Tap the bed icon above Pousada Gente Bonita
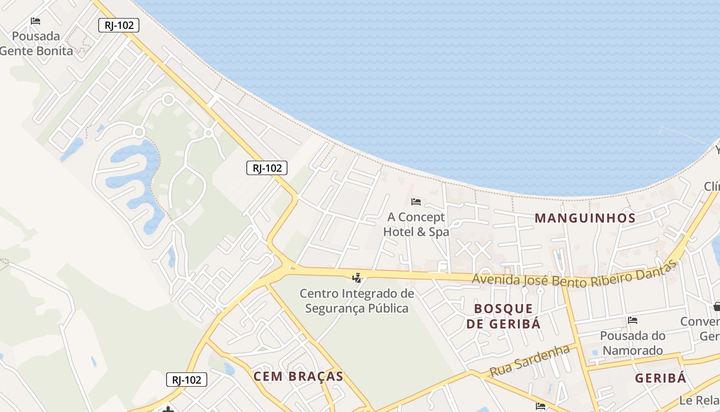click(35, 21)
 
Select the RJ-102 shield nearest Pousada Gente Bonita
click(119, 25)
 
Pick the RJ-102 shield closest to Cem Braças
click(187, 380)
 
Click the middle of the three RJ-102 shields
click(266, 167)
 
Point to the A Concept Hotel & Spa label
click(416, 225)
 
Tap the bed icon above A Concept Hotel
click(416, 201)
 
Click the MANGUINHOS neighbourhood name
click(585, 218)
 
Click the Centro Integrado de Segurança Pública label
click(357, 301)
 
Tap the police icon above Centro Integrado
click(356, 278)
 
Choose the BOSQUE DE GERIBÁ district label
click(503, 316)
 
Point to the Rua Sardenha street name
click(530, 360)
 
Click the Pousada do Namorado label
click(633, 343)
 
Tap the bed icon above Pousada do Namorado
click(633, 320)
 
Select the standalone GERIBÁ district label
click(660, 379)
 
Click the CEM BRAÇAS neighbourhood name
click(298, 376)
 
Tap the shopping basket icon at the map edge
click(717, 307)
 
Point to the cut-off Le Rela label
click(699, 400)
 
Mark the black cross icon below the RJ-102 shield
click(167, 409)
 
